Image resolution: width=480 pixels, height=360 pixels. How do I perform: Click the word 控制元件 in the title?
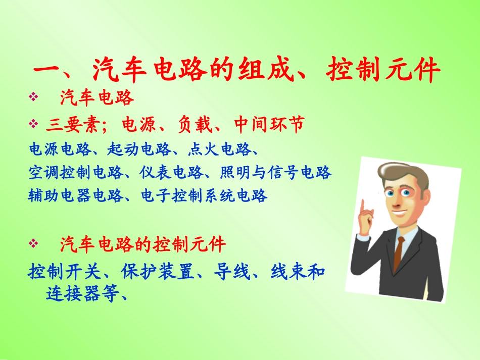point(383,71)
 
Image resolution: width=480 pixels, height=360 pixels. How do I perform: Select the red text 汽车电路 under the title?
point(97,98)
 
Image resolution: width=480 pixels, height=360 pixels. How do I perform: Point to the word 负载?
point(194,124)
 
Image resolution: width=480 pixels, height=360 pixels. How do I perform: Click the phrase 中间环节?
point(269,124)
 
